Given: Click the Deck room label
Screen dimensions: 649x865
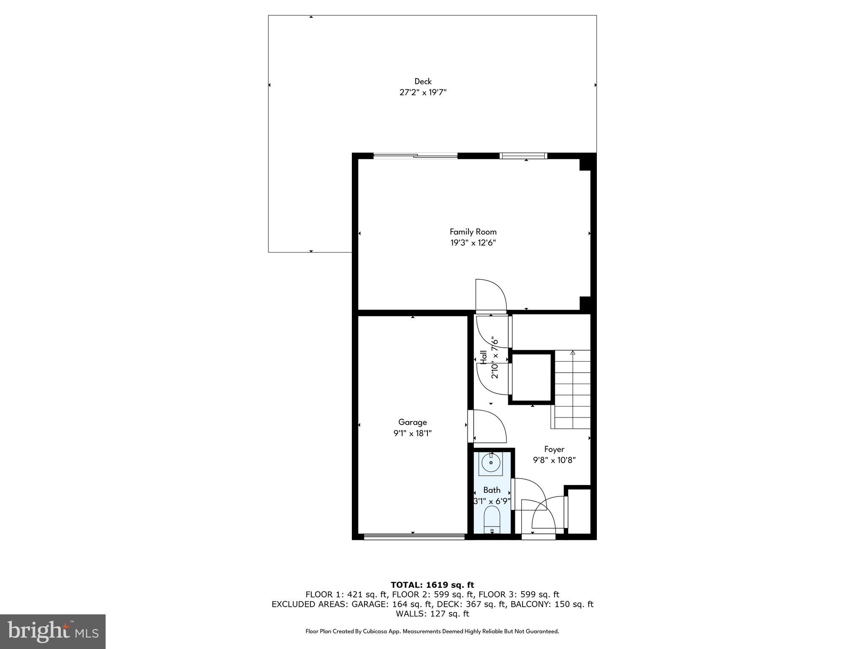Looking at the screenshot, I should [423, 82].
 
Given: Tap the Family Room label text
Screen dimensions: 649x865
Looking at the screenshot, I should [473, 232].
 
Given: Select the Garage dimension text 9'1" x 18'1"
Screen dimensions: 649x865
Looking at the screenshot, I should [413, 433].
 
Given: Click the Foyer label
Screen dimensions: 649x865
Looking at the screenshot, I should [554, 449].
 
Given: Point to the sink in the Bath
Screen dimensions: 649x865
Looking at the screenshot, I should [491, 463].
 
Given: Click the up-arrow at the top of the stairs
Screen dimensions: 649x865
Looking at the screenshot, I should [573, 352].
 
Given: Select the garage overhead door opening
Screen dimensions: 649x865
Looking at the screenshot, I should [414, 537].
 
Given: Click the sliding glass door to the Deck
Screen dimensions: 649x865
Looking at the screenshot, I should [415, 156].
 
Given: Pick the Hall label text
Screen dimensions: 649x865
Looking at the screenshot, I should [484, 357].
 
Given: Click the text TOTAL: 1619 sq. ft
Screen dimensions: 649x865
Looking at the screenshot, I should [432, 585].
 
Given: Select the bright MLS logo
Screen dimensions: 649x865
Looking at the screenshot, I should [53, 632].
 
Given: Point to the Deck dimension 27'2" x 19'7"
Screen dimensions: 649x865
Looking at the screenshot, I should [423, 93].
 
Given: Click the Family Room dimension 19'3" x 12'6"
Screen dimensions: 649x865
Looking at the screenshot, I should [473, 243].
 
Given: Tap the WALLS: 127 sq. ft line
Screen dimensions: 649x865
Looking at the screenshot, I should [432, 614].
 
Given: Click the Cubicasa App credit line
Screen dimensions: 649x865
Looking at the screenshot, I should [432, 632].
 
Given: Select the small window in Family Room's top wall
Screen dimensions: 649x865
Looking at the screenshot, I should [523, 156].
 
